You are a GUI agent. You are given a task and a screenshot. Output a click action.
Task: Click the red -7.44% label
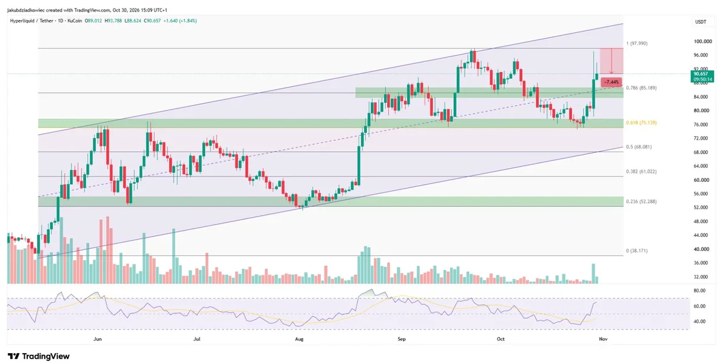pyautogui.click(x=612, y=83)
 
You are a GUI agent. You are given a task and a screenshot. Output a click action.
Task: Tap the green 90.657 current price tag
pyautogui.click(x=703, y=74)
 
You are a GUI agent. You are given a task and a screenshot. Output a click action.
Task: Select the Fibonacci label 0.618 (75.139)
pyautogui.click(x=641, y=123)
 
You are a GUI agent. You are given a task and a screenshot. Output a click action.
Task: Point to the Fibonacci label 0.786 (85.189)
pyautogui.click(x=641, y=88)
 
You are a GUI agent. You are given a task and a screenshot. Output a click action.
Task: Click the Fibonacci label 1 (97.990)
pyautogui.click(x=636, y=44)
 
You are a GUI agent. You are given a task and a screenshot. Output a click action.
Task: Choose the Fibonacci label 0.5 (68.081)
pyautogui.click(x=639, y=147)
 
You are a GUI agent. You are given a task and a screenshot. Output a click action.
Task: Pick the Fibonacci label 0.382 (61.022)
pyautogui.click(x=641, y=172)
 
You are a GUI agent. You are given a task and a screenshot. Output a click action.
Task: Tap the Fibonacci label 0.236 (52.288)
pyautogui.click(x=641, y=201)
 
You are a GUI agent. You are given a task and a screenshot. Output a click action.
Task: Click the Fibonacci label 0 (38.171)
pyautogui.click(x=636, y=251)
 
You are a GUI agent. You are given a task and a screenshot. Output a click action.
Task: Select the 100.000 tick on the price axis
pyautogui.click(x=703, y=42)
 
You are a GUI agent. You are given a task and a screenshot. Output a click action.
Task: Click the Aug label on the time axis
pyautogui.click(x=299, y=339)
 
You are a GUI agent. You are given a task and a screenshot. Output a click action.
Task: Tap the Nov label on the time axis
pyautogui.click(x=603, y=339)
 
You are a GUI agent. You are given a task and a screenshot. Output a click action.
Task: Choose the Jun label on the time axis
pyautogui.click(x=98, y=339)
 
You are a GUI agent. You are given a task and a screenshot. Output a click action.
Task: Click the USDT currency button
pyautogui.click(x=701, y=22)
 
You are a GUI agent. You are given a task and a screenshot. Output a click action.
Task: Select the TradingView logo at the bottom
pyautogui.click(x=39, y=356)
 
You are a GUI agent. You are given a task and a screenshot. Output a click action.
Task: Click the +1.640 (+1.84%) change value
pyautogui.click(x=180, y=21)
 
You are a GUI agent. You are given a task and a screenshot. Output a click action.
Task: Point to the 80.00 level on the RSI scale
pyautogui.click(x=699, y=291)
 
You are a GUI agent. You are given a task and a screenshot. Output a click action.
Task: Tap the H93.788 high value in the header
pyautogui.click(x=113, y=21)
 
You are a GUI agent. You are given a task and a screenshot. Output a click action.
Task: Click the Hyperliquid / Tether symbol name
pyautogui.click(x=32, y=21)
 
